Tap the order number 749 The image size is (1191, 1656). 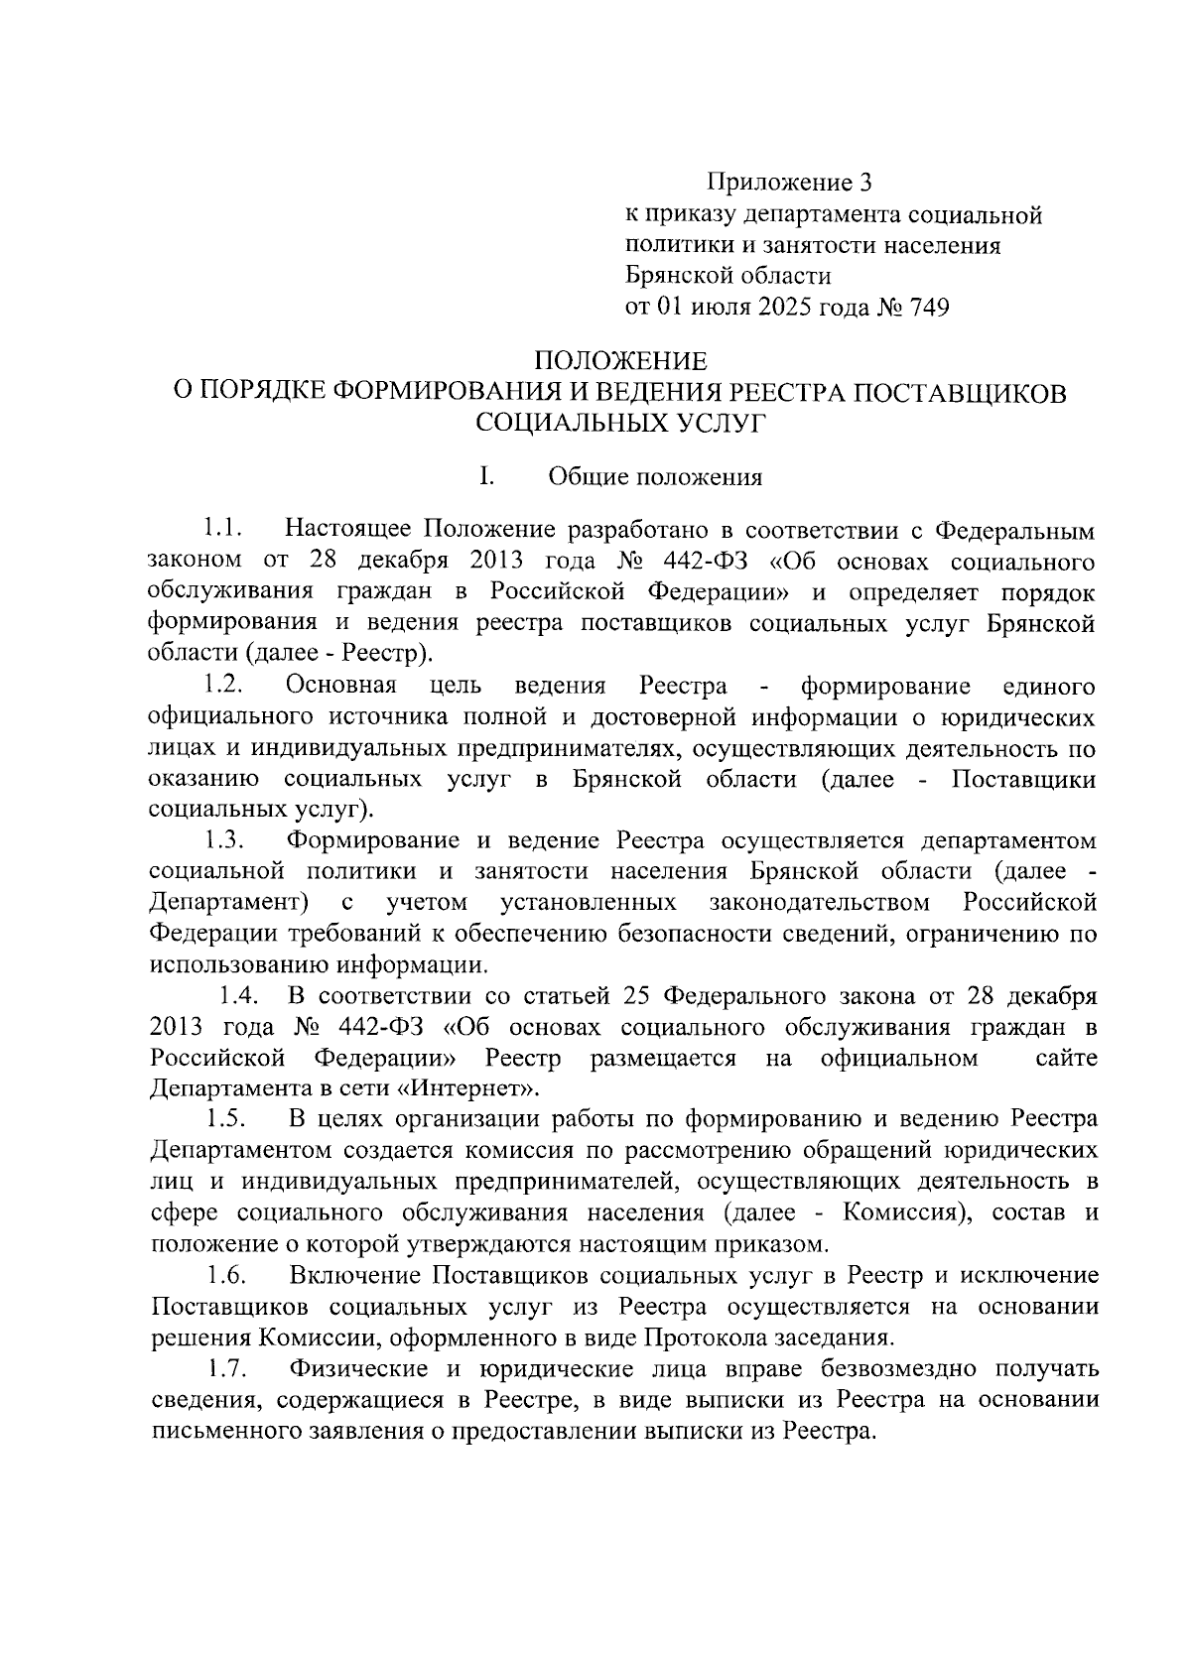pos(926,308)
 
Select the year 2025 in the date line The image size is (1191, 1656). pos(787,308)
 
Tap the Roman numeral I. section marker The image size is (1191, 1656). pos(486,477)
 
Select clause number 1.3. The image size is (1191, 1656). pos(225,840)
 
